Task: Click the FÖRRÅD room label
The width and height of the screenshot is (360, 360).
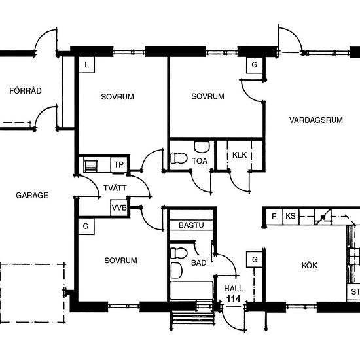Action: pos(26,90)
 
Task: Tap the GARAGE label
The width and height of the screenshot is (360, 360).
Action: pos(32,196)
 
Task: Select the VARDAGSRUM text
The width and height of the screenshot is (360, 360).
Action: pos(316,120)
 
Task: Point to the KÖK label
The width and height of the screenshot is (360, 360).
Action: pos(310,265)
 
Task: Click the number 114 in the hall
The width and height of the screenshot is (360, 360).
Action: pos(234,298)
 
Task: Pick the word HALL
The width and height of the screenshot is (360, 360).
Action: pos(234,289)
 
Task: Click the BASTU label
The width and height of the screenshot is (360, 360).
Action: pos(191,225)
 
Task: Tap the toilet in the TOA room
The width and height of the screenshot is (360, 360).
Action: pos(179,158)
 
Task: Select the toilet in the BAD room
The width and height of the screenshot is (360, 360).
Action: pos(179,253)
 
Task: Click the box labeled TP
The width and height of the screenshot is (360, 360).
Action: pos(118,164)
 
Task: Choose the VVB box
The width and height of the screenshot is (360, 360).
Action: pos(119,207)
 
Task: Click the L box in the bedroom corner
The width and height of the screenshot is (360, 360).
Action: pos(86,65)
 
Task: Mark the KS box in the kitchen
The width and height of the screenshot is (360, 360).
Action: pos(291,216)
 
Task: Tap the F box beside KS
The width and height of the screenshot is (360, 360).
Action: pos(274,216)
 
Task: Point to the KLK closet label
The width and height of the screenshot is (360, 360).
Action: pos(240,155)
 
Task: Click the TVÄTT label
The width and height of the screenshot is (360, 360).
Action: pos(115,188)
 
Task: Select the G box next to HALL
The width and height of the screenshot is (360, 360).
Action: pos(255,259)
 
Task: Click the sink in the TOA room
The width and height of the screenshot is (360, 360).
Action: pos(202,147)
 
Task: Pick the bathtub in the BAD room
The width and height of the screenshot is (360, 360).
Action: pos(192,291)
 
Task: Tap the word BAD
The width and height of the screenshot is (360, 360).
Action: pos(199,262)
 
